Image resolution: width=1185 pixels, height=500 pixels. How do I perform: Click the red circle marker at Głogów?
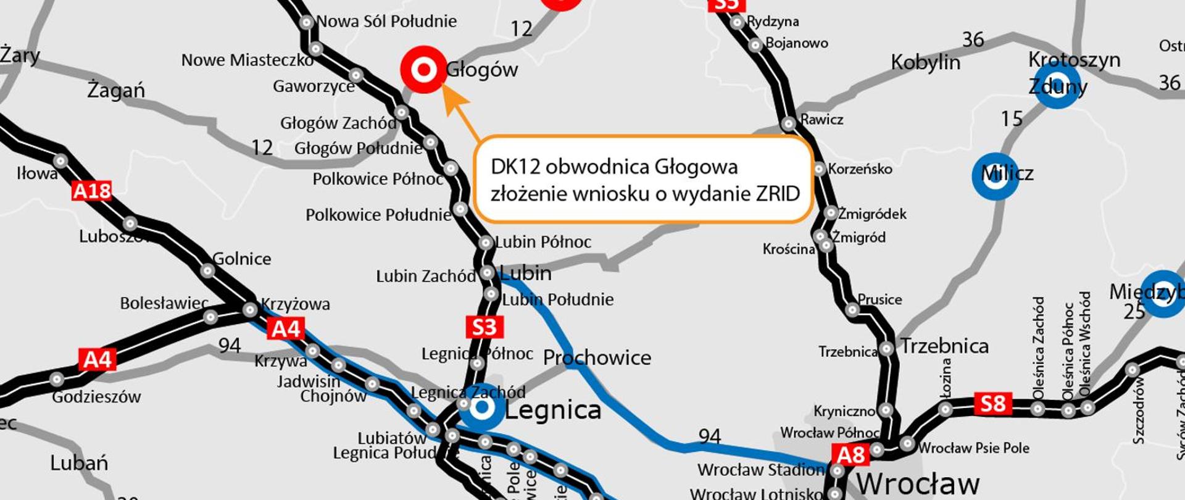[x=423, y=70]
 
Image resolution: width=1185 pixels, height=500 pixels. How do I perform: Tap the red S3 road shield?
[x=484, y=327]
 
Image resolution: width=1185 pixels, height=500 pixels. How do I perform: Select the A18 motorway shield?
[x=91, y=191]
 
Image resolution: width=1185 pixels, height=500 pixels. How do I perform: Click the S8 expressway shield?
[x=992, y=404]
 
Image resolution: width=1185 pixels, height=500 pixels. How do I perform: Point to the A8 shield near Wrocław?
[x=851, y=455]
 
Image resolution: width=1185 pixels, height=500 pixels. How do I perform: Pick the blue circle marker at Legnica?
[x=482, y=407]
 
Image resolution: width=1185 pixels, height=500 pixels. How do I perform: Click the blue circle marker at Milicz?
[x=995, y=176]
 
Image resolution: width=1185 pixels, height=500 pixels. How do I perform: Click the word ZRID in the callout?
[x=778, y=194]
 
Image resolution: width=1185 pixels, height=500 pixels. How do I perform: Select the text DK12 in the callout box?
[x=515, y=167]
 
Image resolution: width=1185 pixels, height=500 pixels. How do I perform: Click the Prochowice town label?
[x=597, y=357]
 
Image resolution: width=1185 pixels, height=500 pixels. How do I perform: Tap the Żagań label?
[x=116, y=90]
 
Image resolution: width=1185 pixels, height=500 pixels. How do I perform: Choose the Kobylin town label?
[x=925, y=62]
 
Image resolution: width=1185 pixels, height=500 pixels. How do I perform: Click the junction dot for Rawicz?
[x=788, y=124]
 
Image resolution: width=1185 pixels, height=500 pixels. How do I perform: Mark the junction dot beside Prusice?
[x=852, y=309]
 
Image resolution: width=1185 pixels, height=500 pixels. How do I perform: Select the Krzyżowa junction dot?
[x=250, y=309]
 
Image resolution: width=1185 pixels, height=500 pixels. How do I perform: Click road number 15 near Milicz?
[x=1012, y=119]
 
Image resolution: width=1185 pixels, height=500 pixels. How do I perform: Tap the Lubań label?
[x=79, y=463]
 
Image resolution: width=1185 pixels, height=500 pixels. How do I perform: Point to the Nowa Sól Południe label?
[x=386, y=22]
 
